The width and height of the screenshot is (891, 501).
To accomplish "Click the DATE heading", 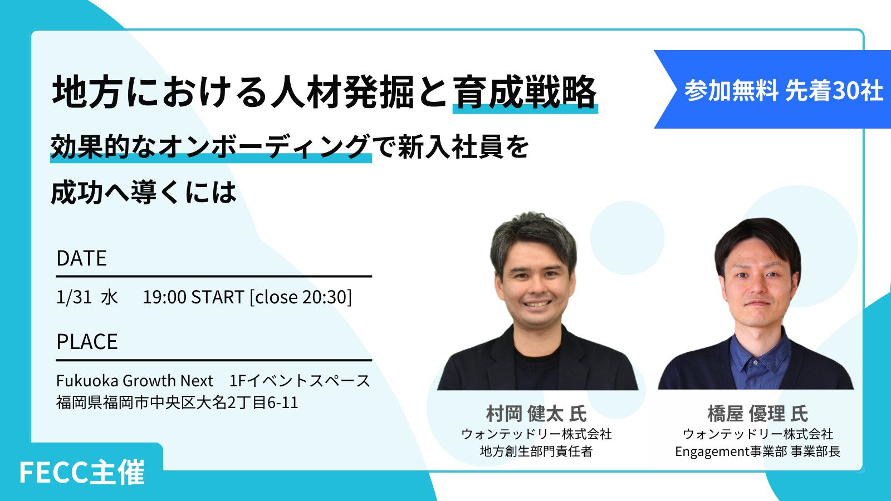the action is pyautogui.click(x=81, y=258).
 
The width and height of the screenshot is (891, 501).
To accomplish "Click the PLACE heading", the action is pyautogui.click(x=87, y=342).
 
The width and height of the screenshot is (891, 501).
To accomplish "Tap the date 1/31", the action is pyautogui.click(x=74, y=297).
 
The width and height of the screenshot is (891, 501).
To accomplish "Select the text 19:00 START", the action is pyautogui.click(x=193, y=297).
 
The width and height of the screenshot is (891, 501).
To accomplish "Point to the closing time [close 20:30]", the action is pyautogui.click(x=301, y=297).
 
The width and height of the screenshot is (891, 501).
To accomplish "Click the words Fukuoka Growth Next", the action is pyautogui.click(x=135, y=381).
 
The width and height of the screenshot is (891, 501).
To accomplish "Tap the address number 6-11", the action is pyautogui.click(x=282, y=403).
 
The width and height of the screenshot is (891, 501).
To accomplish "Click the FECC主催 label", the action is pyautogui.click(x=82, y=473).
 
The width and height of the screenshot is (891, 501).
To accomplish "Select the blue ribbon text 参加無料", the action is pyautogui.click(x=731, y=90).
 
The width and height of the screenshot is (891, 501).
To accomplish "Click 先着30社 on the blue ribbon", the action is pyautogui.click(x=834, y=90).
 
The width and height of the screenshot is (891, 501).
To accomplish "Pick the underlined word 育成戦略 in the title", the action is pyautogui.click(x=525, y=92).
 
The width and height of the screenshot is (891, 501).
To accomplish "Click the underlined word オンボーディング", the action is pyautogui.click(x=265, y=147).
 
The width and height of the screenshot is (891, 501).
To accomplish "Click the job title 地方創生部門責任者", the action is pyautogui.click(x=536, y=451).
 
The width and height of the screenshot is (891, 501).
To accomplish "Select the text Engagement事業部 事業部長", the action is pyautogui.click(x=758, y=451).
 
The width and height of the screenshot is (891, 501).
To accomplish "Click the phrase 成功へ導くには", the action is pyautogui.click(x=144, y=192).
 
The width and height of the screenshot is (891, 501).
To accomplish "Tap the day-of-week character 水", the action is pyautogui.click(x=109, y=297).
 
